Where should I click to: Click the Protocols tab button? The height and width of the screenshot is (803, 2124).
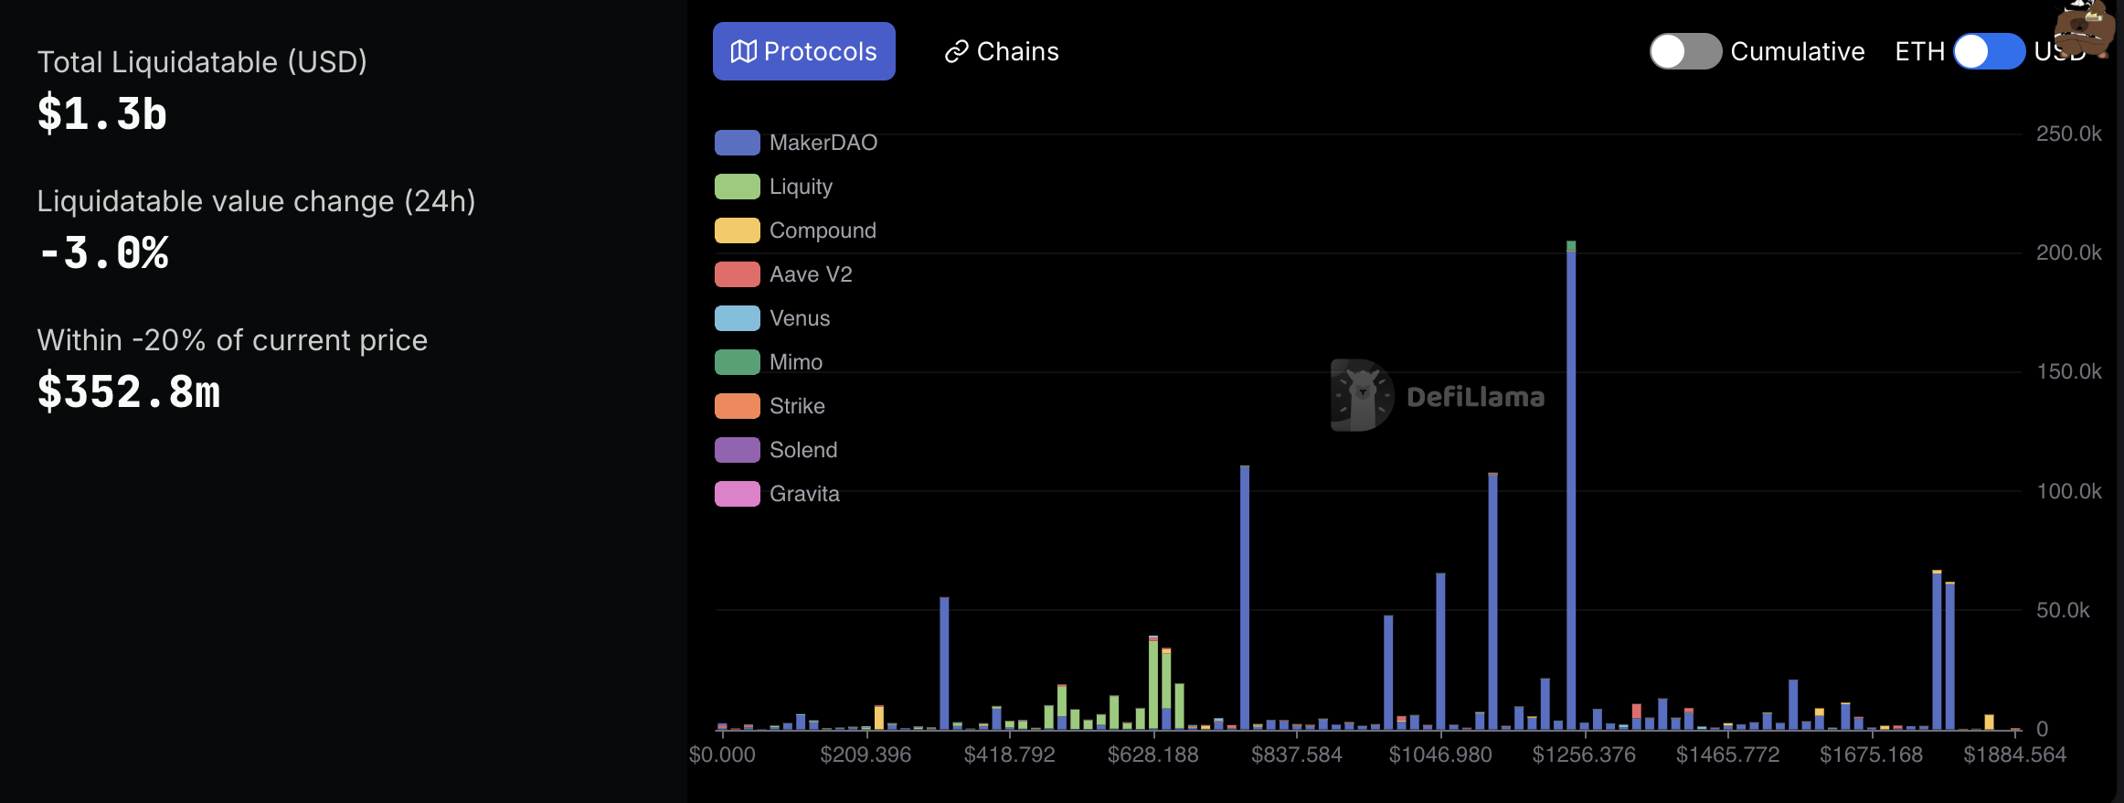(803, 51)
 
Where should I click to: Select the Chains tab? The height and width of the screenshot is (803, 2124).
(1002, 51)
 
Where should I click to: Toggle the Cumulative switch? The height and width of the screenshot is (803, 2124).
(1684, 51)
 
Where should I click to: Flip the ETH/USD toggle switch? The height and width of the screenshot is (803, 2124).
(1989, 51)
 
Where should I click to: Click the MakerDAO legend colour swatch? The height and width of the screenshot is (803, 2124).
(737, 143)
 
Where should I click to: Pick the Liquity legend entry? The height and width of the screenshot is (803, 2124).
(800, 187)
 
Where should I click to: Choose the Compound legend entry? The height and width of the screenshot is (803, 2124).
(822, 230)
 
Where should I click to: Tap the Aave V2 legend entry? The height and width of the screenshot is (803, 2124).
(810, 274)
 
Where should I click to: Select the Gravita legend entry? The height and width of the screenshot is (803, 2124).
(803, 494)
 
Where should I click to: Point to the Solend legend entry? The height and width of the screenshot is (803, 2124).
(802, 450)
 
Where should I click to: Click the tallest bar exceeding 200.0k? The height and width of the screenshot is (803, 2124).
(1571, 485)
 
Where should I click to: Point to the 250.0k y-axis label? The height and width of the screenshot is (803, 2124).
(2068, 134)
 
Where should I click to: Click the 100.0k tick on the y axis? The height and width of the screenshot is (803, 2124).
(2068, 491)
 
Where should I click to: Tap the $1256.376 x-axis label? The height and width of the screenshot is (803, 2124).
(1584, 755)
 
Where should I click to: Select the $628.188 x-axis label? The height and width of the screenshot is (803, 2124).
(1152, 755)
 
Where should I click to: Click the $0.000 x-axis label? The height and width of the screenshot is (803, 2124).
(722, 755)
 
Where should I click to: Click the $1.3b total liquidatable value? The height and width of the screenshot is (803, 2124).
(102, 114)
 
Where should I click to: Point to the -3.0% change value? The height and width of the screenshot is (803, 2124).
(103, 253)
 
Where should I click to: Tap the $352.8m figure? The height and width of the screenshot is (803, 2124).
(129, 392)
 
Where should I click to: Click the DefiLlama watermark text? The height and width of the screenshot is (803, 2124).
(1475, 397)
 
